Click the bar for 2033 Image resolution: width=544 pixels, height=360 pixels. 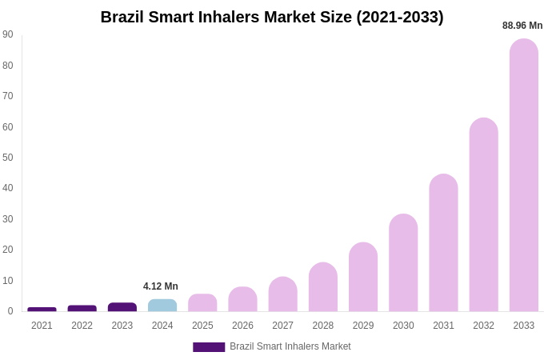pos(524,175)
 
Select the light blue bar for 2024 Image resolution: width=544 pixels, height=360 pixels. pos(162,306)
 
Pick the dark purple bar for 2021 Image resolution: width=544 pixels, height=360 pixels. pos(42,310)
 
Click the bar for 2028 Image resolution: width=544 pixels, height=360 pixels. pos(323,287)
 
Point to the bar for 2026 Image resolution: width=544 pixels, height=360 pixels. pos(242,299)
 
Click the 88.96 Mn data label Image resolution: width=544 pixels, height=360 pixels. pos(522,26)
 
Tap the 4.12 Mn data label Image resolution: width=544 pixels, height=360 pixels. pos(161,286)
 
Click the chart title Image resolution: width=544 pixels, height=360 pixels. pos(272,17)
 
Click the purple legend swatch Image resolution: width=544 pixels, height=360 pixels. pos(209,347)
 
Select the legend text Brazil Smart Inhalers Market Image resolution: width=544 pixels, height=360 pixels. pos(290,346)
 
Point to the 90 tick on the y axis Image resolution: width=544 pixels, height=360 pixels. pos(8,34)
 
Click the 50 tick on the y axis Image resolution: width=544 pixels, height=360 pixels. pos(8,158)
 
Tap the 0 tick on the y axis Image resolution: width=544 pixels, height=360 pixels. pos(10,311)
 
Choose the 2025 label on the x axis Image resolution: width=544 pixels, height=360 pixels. pos(202,326)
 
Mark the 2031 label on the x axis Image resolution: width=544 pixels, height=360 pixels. pos(443,326)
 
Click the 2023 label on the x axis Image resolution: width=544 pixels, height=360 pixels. pos(122,326)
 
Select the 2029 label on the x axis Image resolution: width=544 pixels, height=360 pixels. pos(363,326)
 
